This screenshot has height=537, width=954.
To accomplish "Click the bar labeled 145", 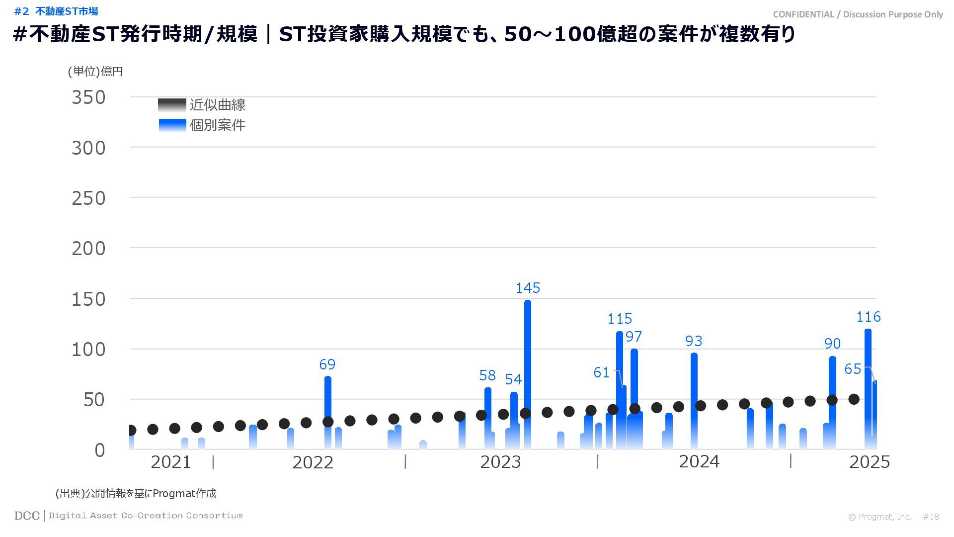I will (527, 373).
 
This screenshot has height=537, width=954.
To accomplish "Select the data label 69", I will (327, 364).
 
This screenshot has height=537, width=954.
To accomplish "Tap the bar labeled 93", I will (694, 398).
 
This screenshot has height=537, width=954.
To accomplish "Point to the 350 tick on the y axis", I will (88, 97).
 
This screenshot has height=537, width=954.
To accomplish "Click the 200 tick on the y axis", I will (88, 249).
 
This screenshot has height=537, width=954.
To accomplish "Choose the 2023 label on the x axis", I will (500, 462).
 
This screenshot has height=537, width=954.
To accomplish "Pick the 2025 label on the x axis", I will (869, 462).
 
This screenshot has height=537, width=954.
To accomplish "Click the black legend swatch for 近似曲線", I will (172, 105).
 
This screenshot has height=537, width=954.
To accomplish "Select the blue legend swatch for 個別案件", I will (172, 125).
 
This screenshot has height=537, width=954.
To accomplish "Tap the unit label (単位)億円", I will (95, 72).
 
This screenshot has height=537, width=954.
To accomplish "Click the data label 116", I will (868, 317).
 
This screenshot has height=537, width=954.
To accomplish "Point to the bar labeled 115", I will (619, 388).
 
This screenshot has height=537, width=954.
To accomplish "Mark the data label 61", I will (601, 372).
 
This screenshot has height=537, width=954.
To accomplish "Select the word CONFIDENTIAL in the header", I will (803, 14).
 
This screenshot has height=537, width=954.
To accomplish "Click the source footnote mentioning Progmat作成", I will (136, 493).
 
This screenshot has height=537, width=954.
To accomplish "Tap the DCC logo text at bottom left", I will (27, 516).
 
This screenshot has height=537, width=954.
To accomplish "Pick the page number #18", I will (931, 517).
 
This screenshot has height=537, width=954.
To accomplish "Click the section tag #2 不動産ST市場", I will (56, 11).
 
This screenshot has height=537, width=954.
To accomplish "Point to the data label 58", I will (487, 375).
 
